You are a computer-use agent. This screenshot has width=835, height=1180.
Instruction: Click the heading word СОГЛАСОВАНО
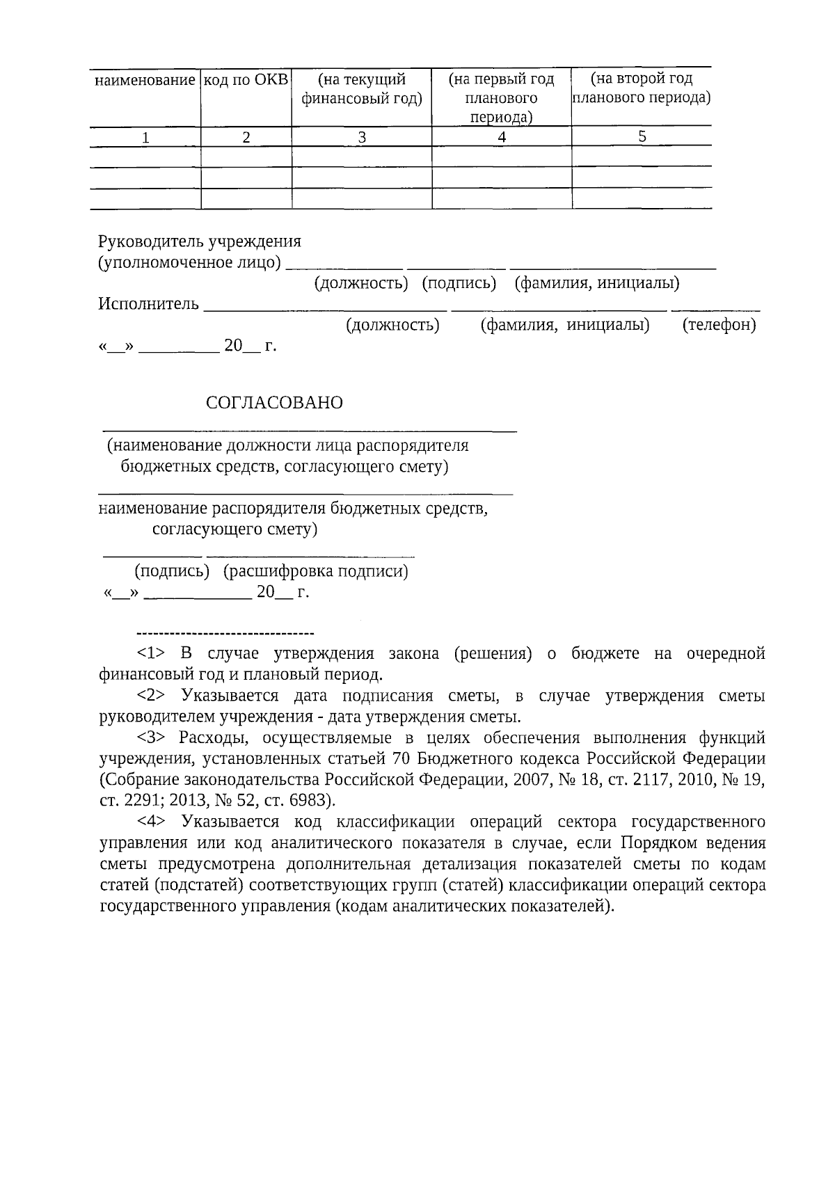[274, 403]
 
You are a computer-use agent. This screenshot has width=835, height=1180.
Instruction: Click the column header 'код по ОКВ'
[246, 79]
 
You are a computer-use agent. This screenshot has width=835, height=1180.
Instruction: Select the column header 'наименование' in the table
[145, 80]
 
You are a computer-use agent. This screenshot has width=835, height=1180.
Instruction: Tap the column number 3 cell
[362, 137]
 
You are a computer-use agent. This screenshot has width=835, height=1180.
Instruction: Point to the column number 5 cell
[642, 136]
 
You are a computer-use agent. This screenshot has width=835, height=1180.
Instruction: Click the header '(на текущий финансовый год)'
[361, 89]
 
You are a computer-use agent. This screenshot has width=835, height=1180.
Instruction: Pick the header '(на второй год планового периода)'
[641, 88]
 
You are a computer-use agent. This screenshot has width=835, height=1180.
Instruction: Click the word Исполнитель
[148, 304]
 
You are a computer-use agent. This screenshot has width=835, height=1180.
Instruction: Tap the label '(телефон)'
[719, 325]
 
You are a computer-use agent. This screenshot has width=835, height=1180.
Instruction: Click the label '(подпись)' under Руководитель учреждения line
[459, 283]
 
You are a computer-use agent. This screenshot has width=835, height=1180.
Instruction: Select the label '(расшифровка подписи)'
[315, 571]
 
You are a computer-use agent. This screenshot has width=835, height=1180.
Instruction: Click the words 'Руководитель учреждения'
[200, 241]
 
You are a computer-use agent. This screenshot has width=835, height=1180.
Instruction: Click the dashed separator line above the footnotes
[226, 633]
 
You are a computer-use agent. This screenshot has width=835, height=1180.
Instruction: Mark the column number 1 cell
[145, 138]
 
